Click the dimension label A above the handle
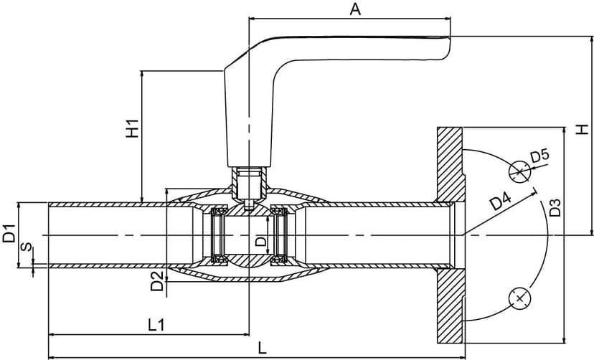click(x=354, y=9)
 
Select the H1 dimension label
click(x=132, y=128)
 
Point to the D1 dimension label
click(x=9, y=234)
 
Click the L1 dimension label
click(x=156, y=324)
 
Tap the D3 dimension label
click(x=555, y=208)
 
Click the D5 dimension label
click(x=539, y=156)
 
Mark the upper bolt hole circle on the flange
click(x=519, y=171)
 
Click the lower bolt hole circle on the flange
click(x=519, y=297)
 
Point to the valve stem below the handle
click(x=247, y=185)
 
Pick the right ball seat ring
click(x=279, y=235)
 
